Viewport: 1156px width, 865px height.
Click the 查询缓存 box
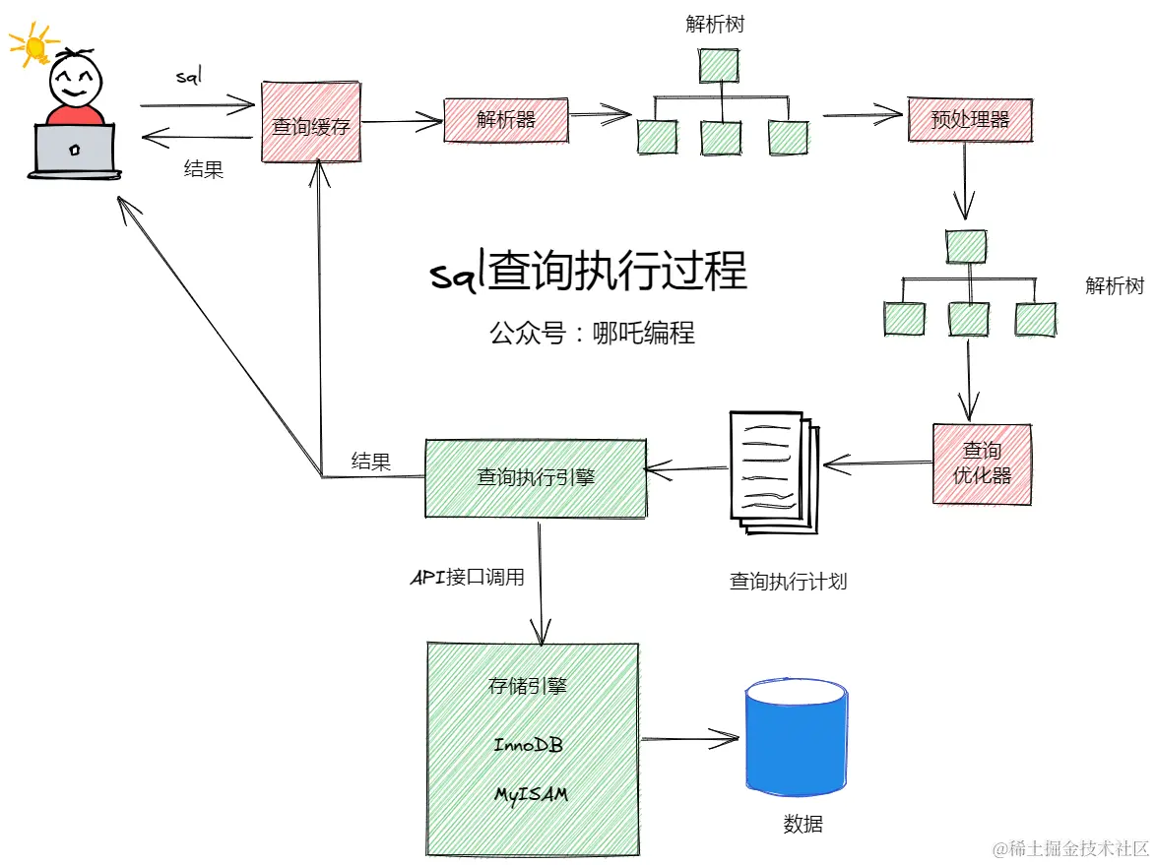(x=311, y=122)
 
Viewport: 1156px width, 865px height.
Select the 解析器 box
(x=506, y=119)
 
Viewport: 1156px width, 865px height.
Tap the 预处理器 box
(x=970, y=119)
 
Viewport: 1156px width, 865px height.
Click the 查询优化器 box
(x=982, y=463)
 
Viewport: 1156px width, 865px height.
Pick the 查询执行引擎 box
(x=536, y=478)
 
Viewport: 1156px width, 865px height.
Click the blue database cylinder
(x=797, y=737)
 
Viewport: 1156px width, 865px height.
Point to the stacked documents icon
(x=774, y=472)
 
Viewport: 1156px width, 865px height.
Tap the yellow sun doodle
(x=33, y=45)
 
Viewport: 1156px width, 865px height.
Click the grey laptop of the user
(x=74, y=152)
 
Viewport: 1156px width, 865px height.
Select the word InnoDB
(x=528, y=745)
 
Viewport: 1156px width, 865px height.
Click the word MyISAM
(x=531, y=795)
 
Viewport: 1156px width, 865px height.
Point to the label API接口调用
(x=468, y=577)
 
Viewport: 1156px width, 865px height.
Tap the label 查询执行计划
(x=788, y=582)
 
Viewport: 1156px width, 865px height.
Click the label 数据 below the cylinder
(x=803, y=823)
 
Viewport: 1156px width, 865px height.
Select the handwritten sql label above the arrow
(x=189, y=75)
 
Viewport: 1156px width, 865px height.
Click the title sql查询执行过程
(x=588, y=271)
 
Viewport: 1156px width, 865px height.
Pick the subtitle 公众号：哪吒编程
(x=592, y=333)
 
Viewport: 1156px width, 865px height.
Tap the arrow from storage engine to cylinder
(x=690, y=738)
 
